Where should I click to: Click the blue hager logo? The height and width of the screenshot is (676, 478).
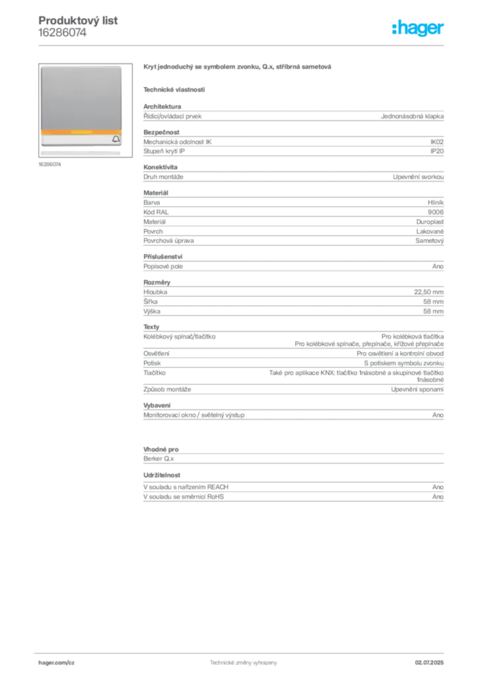click(419, 29)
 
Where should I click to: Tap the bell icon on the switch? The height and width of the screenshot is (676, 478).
click(116, 139)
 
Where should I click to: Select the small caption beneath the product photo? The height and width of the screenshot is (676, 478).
click(50, 165)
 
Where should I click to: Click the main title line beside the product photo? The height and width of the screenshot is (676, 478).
click(237, 67)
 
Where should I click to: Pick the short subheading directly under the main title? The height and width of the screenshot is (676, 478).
click(174, 89)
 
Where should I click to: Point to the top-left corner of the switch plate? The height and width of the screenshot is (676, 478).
click(40, 66)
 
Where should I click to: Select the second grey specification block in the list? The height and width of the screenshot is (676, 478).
click(292, 142)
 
